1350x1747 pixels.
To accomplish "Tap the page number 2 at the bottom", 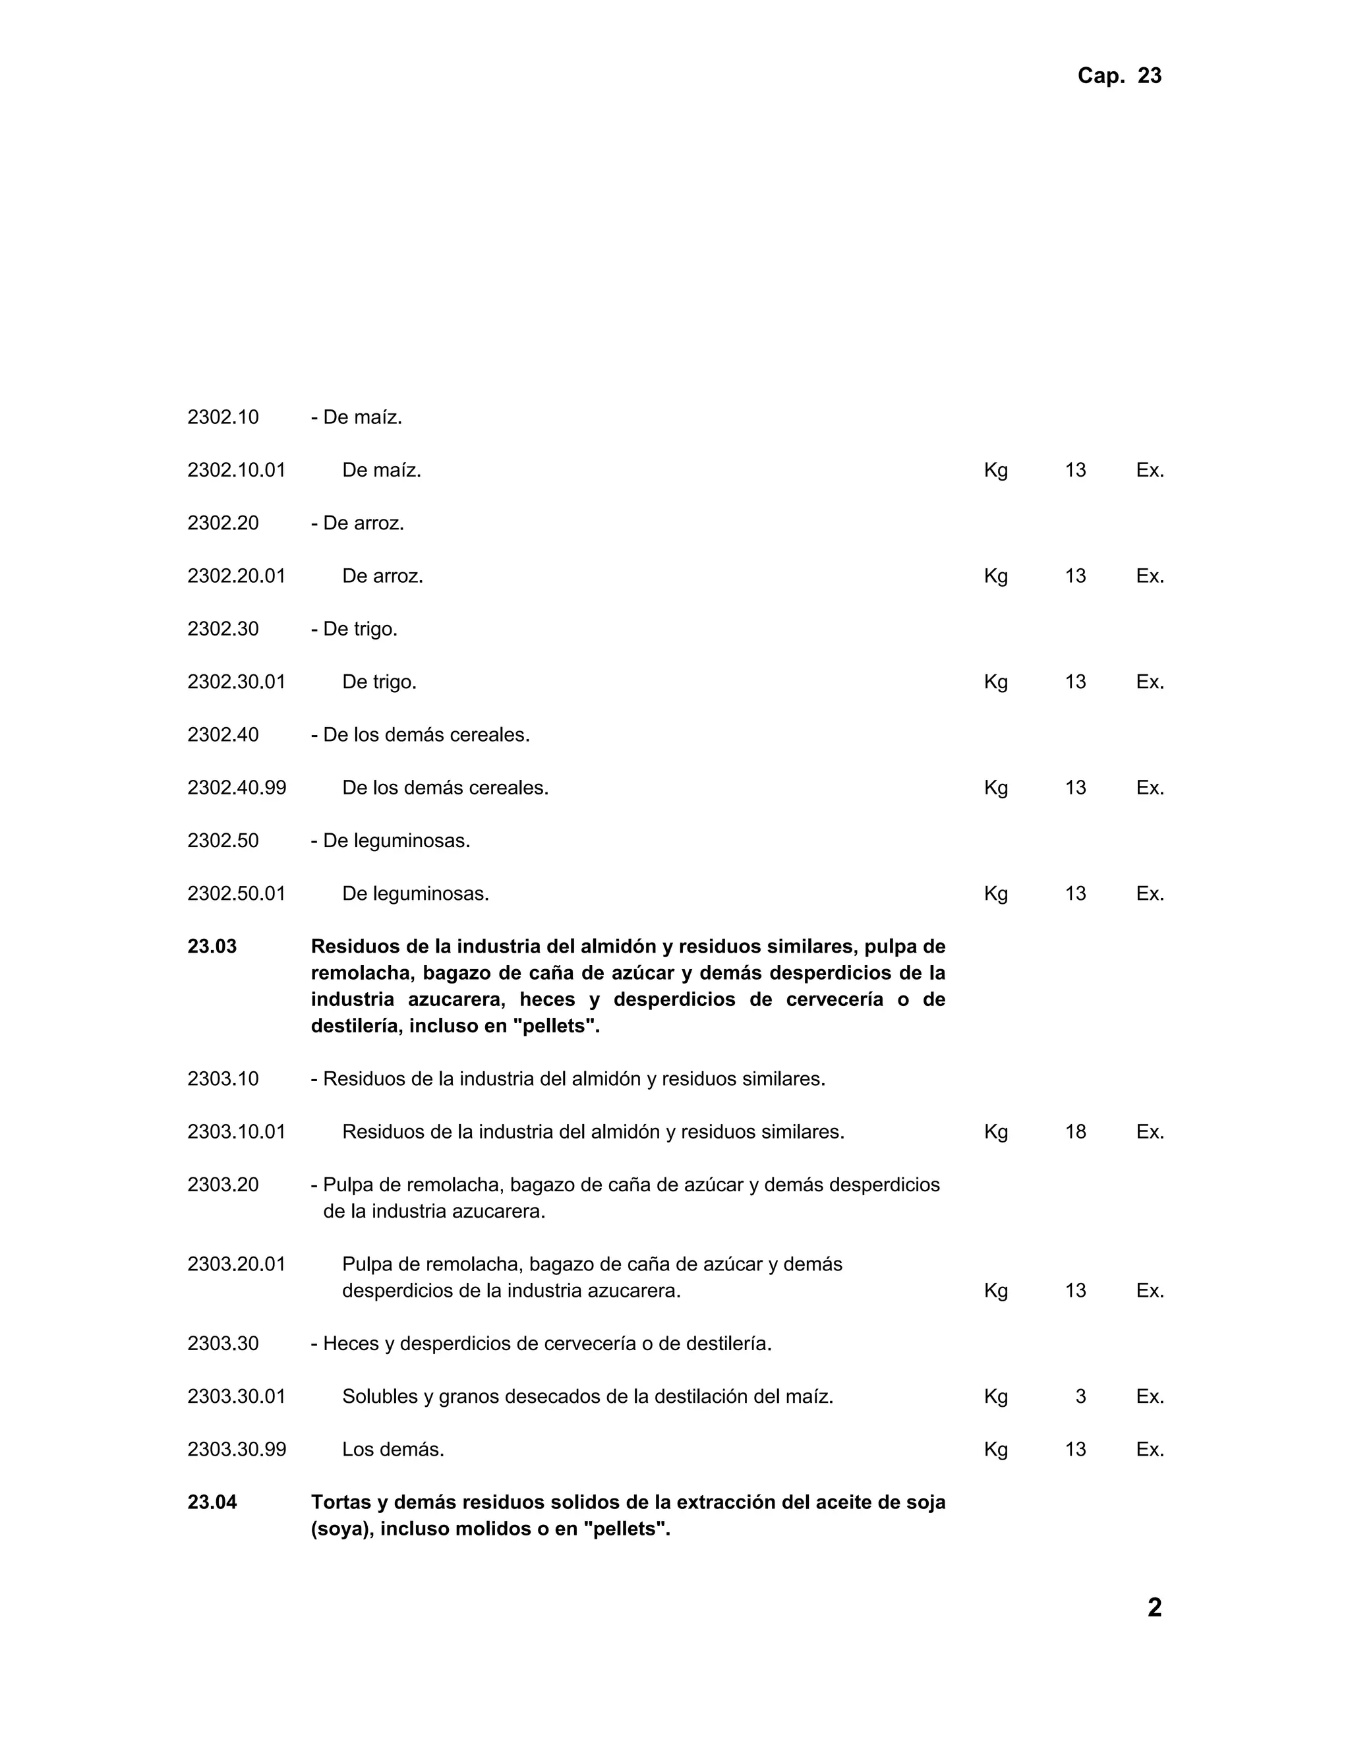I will tap(1154, 1607).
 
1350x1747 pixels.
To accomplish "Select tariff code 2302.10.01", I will tap(236, 470).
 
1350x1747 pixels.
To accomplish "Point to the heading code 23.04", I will tap(212, 1502).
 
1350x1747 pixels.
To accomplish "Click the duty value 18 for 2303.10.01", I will tap(1075, 1132).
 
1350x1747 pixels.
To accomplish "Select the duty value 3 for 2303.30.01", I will tap(1080, 1397).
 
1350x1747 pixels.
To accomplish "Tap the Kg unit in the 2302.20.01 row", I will tap(996, 576).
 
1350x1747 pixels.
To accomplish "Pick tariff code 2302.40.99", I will tap(237, 788).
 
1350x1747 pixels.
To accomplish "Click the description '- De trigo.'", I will tap(354, 630).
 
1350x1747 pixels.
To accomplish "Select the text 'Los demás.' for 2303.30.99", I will tap(393, 1450).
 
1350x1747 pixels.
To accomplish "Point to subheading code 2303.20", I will tap(223, 1185).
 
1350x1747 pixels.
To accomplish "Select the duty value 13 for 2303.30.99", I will tap(1075, 1450).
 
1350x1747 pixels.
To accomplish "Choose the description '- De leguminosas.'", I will tap(390, 841).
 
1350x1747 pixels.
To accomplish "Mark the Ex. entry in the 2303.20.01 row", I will tap(1149, 1290).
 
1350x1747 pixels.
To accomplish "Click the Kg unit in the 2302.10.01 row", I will tap(996, 470).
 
